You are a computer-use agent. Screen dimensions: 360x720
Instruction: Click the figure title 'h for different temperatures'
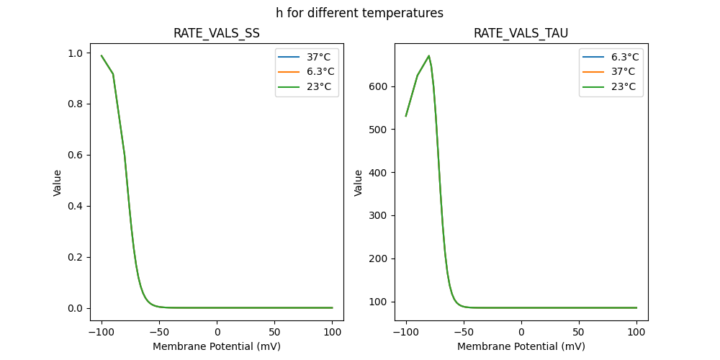click(359, 13)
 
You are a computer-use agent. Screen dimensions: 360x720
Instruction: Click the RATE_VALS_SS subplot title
click(217, 34)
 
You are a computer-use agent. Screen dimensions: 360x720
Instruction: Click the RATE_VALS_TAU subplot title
click(521, 34)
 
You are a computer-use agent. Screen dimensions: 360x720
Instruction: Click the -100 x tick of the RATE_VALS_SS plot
click(102, 332)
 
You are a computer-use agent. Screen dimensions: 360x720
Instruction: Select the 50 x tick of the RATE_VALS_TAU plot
click(579, 332)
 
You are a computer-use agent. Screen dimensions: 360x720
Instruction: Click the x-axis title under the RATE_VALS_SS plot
click(217, 346)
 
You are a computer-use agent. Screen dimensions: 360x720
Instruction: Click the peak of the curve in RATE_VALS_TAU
click(429, 55)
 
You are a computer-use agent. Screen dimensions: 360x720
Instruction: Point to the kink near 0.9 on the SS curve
click(113, 74)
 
